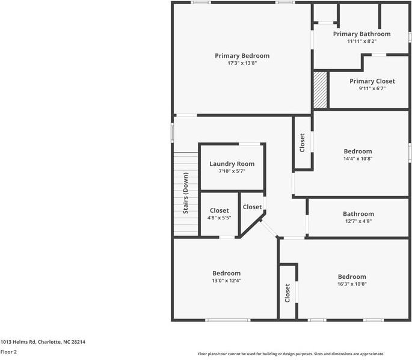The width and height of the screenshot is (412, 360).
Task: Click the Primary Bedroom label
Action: point(242,56)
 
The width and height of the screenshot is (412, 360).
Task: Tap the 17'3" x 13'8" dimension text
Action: point(242,63)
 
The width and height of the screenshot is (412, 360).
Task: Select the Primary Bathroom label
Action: point(361,34)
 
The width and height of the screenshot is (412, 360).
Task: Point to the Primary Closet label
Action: point(372,81)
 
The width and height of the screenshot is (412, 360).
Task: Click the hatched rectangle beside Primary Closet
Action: point(320,90)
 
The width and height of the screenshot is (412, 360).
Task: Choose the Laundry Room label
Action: point(232,164)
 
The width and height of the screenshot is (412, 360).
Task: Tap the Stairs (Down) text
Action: point(186,194)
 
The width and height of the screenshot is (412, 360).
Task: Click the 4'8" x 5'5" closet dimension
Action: point(219,218)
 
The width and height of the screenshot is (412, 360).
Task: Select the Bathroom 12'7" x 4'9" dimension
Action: point(358,221)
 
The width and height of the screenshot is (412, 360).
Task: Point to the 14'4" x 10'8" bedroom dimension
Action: point(357,159)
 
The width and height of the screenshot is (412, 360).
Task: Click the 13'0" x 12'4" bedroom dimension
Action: point(226,281)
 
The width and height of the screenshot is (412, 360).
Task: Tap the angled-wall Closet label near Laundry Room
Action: point(252,207)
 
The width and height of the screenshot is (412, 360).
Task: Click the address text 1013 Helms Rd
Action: point(43,341)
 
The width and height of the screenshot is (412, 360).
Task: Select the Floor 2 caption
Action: point(8,352)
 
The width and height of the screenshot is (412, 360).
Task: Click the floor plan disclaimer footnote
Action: point(291,354)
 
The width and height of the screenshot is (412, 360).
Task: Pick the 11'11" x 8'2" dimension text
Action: point(361,41)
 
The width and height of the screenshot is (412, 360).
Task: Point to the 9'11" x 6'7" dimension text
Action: point(372,88)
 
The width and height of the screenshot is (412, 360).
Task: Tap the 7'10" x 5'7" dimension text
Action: point(232,171)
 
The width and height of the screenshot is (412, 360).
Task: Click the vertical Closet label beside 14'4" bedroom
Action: point(303,142)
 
